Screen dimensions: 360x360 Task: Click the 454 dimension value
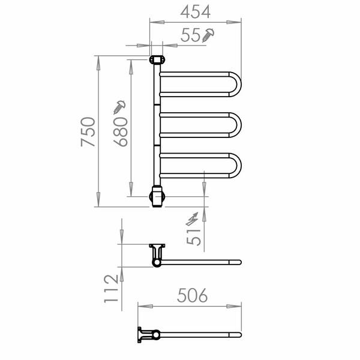pyautogui.click(x=196, y=12)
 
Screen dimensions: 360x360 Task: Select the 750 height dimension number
pyautogui.click(x=88, y=132)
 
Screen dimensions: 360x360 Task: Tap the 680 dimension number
pyautogui.click(x=121, y=132)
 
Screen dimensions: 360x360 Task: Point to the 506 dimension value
pyautogui.click(x=193, y=295)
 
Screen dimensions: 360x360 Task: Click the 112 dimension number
pyautogui.click(x=111, y=289)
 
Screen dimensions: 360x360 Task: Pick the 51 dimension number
pyautogui.click(x=194, y=237)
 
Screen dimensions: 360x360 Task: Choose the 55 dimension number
pyautogui.click(x=190, y=35)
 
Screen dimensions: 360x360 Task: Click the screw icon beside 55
pyautogui.click(x=208, y=35)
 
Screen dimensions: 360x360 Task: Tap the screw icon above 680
pyautogui.click(x=119, y=107)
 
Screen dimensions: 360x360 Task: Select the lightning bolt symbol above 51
pyautogui.click(x=192, y=219)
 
